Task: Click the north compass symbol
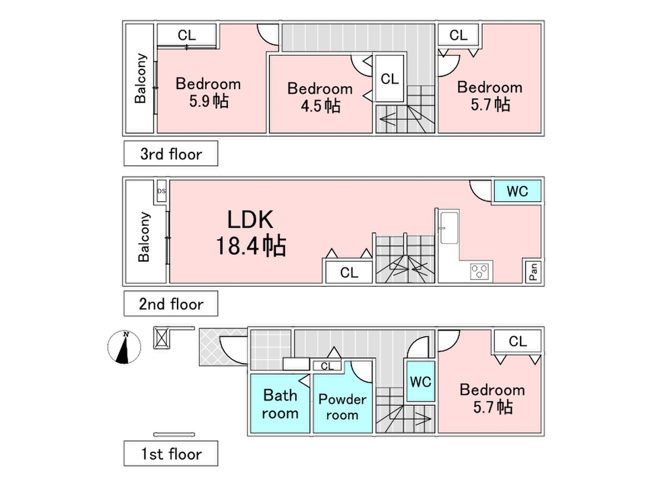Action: tap(124, 347)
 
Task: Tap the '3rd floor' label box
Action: tap(171, 154)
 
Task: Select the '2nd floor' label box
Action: tap(171, 304)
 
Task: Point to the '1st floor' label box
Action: tap(171, 454)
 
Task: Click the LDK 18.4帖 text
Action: tap(250, 233)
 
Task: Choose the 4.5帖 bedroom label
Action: tap(319, 97)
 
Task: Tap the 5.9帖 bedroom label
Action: tap(208, 92)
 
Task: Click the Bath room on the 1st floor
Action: tap(280, 404)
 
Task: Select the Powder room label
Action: tap(342, 407)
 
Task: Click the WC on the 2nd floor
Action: tap(517, 192)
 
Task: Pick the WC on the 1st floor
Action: tap(421, 382)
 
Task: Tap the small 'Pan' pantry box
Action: tap(533, 271)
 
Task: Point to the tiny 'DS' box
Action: tap(162, 191)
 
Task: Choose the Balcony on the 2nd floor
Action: tap(144, 237)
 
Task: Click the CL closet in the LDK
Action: tap(349, 273)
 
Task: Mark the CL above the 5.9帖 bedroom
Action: tap(187, 35)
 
